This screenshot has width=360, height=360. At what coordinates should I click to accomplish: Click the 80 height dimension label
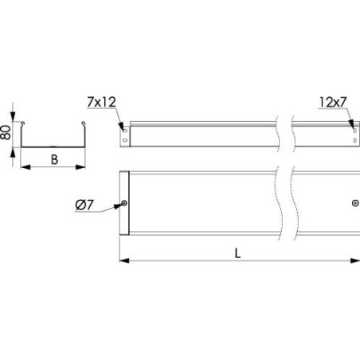pyautogui.click(x=7, y=134)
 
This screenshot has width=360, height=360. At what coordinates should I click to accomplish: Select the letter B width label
pyautogui.click(x=53, y=158)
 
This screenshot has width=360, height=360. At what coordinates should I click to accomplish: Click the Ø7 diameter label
pyautogui.click(x=87, y=206)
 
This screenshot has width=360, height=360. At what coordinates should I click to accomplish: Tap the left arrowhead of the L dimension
pyautogui.click(x=123, y=260)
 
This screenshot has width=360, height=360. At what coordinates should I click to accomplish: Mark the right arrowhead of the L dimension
pyautogui.click(x=355, y=260)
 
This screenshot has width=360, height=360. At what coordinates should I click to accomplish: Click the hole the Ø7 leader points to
pyautogui.click(x=124, y=204)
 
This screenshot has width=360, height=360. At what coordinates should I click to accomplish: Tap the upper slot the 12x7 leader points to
pyautogui.click(x=353, y=124)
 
